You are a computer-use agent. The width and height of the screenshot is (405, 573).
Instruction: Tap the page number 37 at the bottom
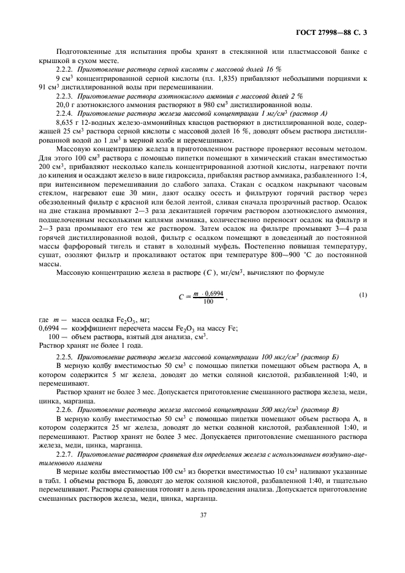pos(202,532)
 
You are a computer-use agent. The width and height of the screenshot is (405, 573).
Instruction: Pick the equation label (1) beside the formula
pos(363,296)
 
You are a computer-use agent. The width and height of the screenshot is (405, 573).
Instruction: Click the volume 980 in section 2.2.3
pos(192,105)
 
